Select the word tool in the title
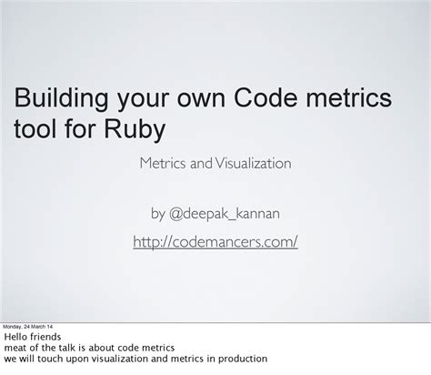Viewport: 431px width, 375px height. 35,129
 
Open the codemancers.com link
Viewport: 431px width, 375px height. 215,242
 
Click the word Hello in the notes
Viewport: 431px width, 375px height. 17,337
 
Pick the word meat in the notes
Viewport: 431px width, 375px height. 15,348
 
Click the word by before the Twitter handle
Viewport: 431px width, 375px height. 157,214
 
